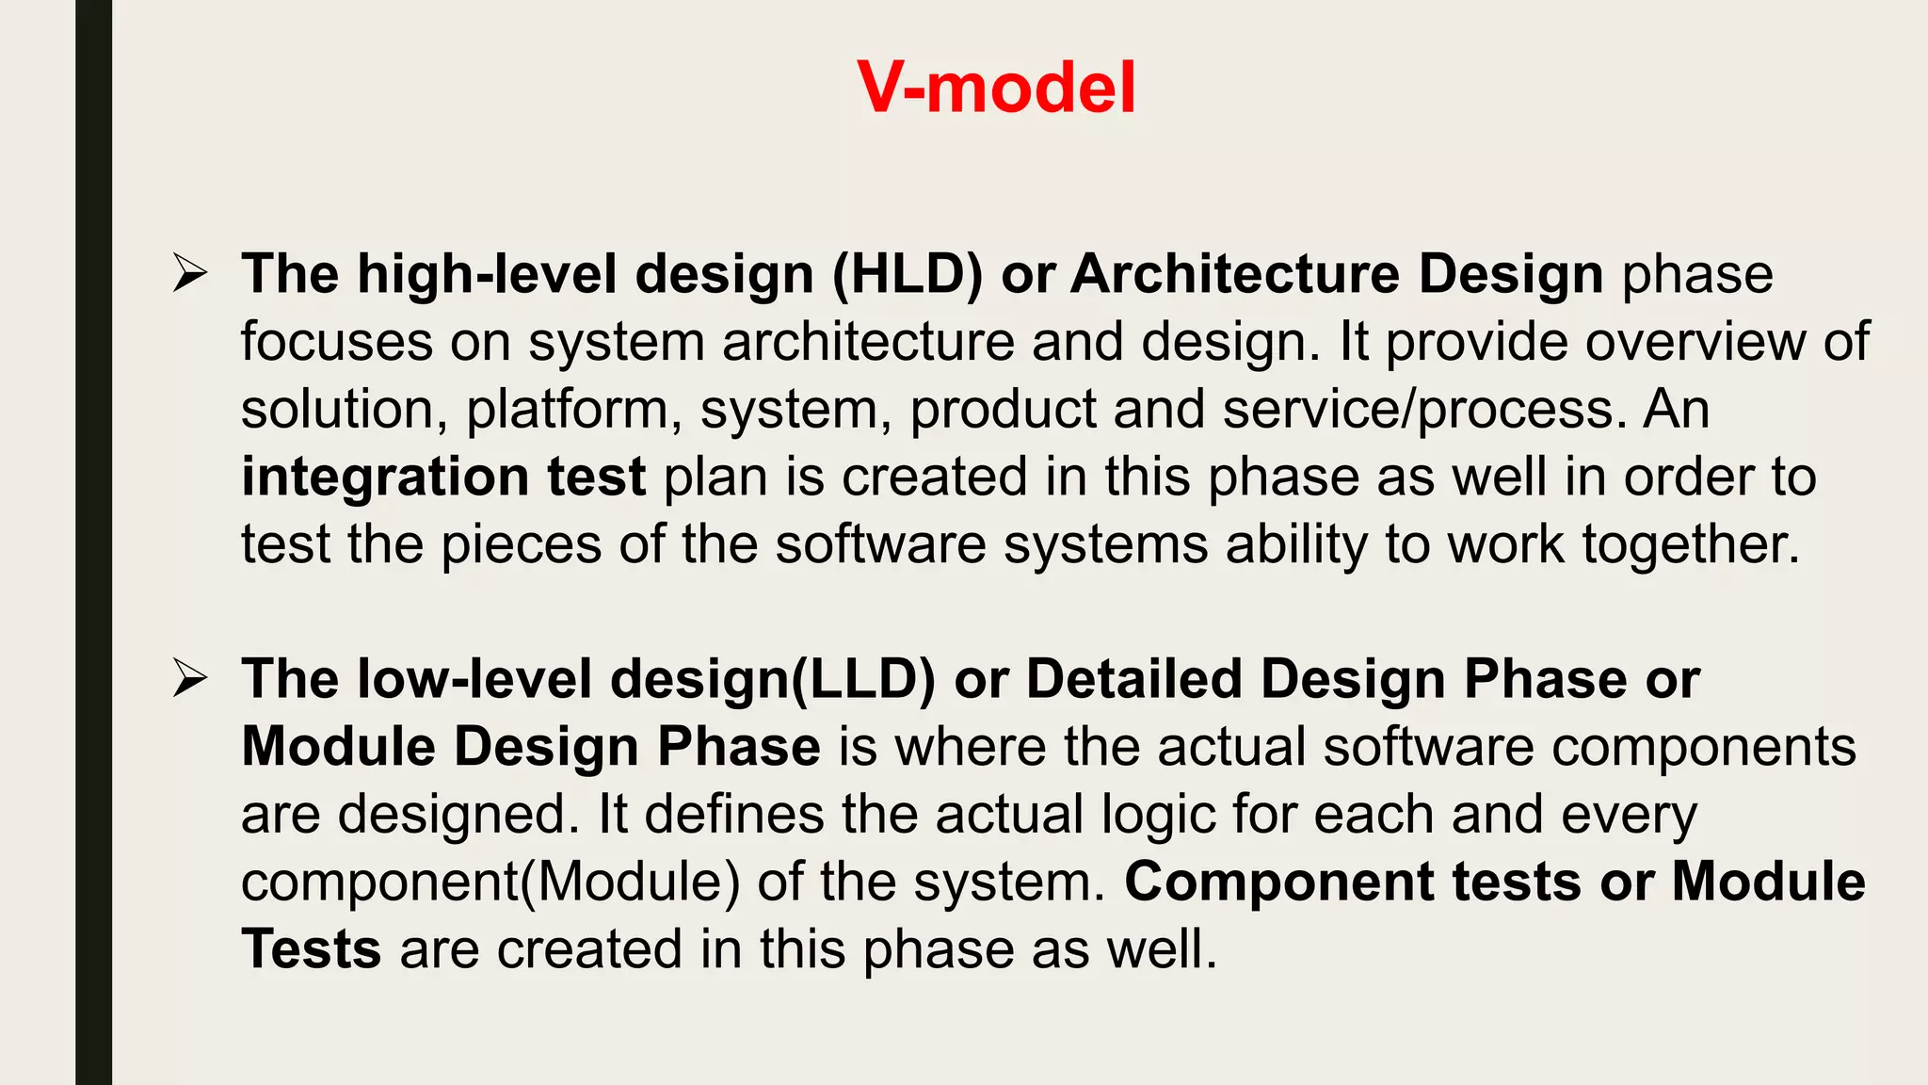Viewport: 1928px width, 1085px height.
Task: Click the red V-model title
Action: pyautogui.click(x=996, y=88)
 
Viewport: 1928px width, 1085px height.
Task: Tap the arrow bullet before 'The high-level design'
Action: pyautogui.click(x=190, y=274)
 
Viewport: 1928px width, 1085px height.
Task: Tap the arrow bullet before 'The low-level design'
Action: pyautogui.click(x=190, y=679)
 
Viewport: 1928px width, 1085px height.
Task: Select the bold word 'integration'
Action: pyautogui.click(x=384, y=477)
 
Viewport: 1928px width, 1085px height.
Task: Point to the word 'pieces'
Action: pyautogui.click(x=521, y=545)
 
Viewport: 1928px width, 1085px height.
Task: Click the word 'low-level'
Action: pyautogui.click(x=474, y=679)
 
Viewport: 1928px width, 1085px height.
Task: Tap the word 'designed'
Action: pyautogui.click(x=458, y=815)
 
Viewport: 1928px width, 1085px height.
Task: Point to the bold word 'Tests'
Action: pyautogui.click(x=311, y=949)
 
